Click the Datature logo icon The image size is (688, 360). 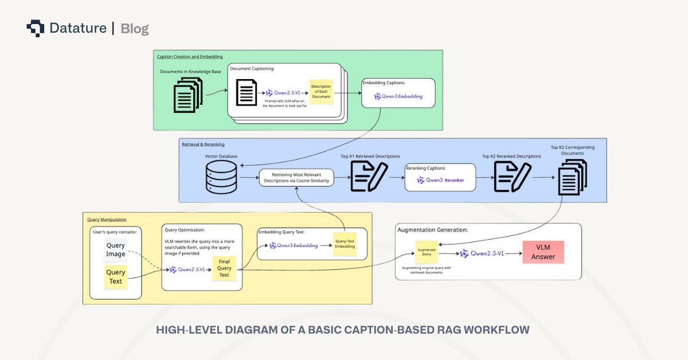[x=35, y=28]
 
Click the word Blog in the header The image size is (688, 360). [x=135, y=29]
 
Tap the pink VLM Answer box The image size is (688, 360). [x=542, y=252]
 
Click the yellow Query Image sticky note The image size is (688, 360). [x=115, y=250]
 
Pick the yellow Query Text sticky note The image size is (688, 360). [x=115, y=277]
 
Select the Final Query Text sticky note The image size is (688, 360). [x=224, y=268]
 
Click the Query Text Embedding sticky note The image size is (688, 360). [x=345, y=243]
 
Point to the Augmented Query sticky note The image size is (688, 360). [x=427, y=252]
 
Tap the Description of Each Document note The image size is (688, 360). [x=321, y=92]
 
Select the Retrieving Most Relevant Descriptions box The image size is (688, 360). [x=296, y=177]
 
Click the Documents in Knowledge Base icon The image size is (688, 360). [x=188, y=95]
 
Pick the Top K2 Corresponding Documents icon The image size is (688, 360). [x=572, y=177]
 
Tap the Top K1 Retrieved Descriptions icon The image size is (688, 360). [x=369, y=176]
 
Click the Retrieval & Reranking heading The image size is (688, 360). [x=203, y=144]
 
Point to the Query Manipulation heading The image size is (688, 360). [x=107, y=219]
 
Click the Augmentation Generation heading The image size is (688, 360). [x=432, y=229]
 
